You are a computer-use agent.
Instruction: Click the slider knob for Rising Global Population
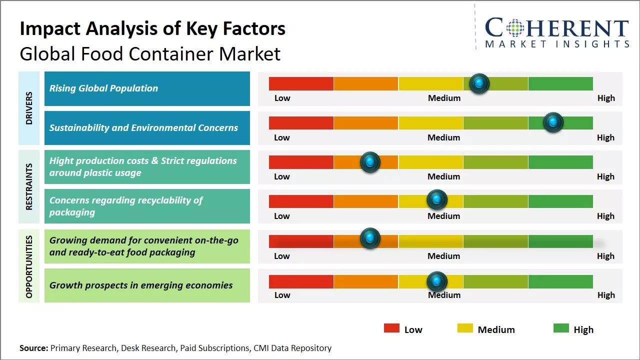[x=479, y=83]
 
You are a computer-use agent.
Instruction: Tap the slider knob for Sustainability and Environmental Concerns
[x=553, y=122]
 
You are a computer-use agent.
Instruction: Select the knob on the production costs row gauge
[x=370, y=162]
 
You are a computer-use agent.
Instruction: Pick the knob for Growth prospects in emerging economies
[x=437, y=281]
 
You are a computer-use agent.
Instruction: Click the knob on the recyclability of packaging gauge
[x=437, y=200]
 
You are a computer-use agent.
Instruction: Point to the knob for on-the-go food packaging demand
[x=370, y=238]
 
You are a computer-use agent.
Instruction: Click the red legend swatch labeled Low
[x=391, y=328]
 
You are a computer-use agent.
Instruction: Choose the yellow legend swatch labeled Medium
[x=465, y=328]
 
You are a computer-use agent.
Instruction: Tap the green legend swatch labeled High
[x=561, y=328]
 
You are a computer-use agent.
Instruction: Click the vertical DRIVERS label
[x=28, y=108]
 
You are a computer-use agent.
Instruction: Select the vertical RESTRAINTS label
[x=28, y=186]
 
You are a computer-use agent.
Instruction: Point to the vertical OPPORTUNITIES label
[x=28, y=266]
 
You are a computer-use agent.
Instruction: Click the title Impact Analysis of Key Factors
[x=152, y=29]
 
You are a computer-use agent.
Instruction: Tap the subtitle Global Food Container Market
[x=150, y=53]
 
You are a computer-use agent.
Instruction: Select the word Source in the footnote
[x=33, y=348]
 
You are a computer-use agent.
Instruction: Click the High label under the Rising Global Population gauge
[x=606, y=98]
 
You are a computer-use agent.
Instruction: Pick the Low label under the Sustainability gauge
[x=282, y=137]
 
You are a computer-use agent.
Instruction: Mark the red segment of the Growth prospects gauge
[x=301, y=281]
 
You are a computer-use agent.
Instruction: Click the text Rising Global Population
[x=103, y=88]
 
